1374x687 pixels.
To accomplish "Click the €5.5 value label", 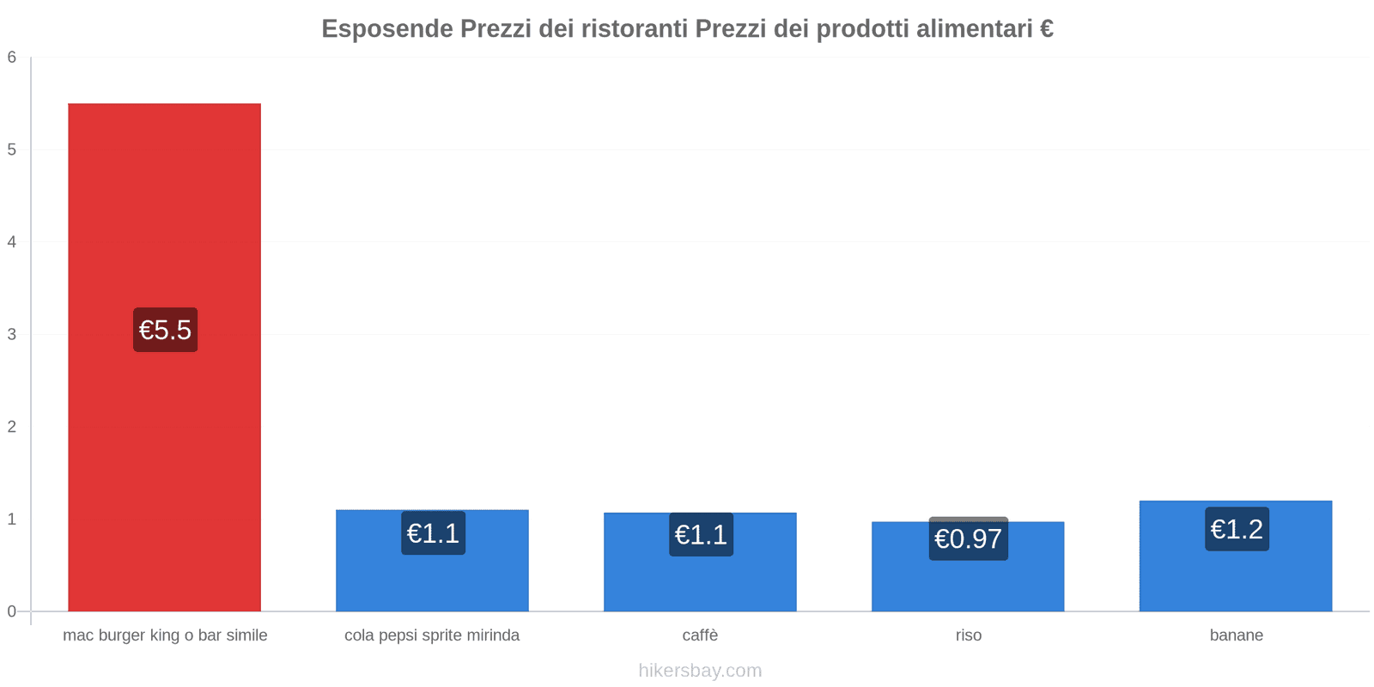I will click(165, 330).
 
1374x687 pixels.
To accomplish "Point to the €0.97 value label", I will click(968, 538).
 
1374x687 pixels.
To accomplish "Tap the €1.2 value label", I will click(1237, 529).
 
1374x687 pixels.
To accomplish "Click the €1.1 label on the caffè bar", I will click(701, 534).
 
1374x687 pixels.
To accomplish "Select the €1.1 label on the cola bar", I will click(433, 533).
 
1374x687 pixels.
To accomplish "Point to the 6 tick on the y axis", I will click(12, 58).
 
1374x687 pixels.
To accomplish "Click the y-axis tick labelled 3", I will click(12, 334).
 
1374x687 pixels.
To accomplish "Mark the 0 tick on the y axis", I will click(12, 611).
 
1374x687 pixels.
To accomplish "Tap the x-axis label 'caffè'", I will click(700, 635).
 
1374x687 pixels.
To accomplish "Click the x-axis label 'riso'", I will click(968, 635).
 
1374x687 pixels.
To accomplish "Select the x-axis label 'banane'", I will click(1236, 635).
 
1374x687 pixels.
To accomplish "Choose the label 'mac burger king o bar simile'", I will click(165, 635).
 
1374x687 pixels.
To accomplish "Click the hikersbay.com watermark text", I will click(700, 671).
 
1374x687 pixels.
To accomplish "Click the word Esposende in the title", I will click(387, 29).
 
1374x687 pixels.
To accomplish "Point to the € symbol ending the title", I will click(1046, 29).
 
